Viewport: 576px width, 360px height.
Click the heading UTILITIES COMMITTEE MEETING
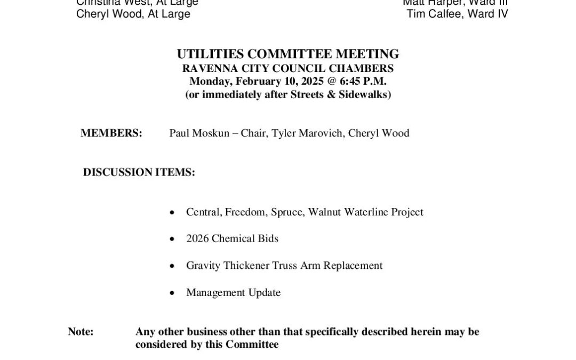(x=288, y=54)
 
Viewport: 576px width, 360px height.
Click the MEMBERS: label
(x=111, y=133)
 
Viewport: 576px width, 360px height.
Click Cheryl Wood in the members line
(x=379, y=133)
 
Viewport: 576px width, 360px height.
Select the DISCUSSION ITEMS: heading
(x=139, y=172)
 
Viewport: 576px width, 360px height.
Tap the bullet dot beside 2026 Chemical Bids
(x=172, y=239)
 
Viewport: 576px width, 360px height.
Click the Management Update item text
(x=233, y=292)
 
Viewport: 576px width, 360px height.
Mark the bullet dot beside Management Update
(x=172, y=293)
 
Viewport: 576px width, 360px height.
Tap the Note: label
(x=81, y=332)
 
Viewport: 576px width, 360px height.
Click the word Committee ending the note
(x=252, y=345)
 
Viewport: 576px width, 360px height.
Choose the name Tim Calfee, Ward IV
(x=457, y=14)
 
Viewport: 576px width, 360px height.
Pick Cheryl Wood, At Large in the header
(x=133, y=14)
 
